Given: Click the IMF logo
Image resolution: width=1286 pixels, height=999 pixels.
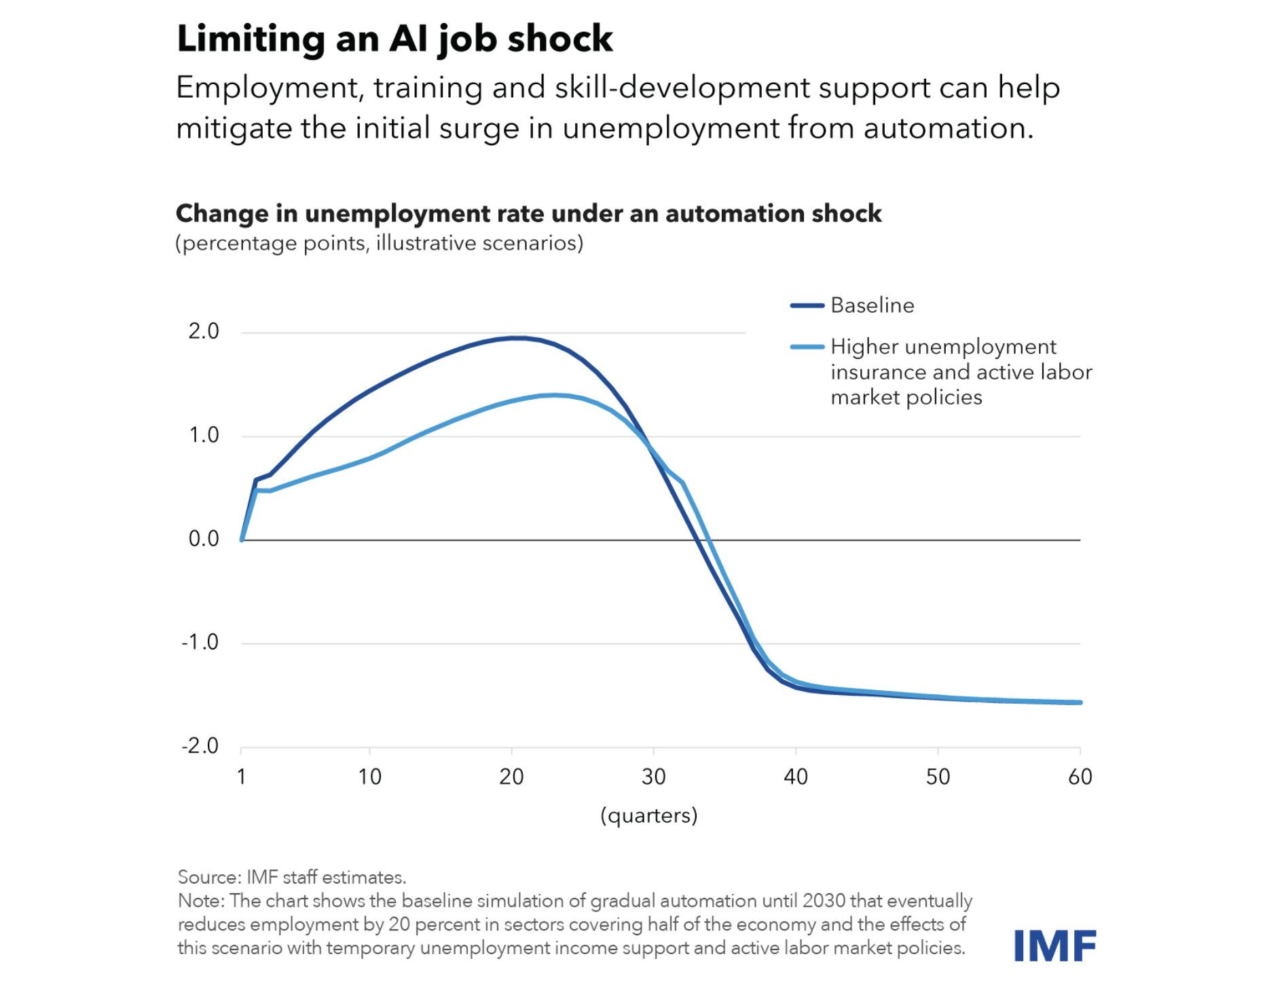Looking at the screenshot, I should click(1054, 945).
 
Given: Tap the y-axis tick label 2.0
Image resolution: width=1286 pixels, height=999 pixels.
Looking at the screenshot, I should click(204, 331).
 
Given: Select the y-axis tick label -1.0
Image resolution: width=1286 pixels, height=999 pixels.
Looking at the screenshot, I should click(200, 642).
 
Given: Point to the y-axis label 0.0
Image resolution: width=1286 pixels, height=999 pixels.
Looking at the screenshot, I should click(204, 539).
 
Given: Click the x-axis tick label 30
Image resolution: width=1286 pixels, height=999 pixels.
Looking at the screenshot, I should click(653, 776).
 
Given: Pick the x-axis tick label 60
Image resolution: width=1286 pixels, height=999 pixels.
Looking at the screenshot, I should click(1080, 776).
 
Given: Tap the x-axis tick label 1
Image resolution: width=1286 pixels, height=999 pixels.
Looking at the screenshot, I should click(241, 776).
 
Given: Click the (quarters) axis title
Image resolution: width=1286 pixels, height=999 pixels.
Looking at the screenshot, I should click(648, 815).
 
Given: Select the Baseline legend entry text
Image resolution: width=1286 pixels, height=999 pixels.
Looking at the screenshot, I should click(872, 305).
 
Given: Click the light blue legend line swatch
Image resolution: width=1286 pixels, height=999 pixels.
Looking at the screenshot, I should click(807, 347).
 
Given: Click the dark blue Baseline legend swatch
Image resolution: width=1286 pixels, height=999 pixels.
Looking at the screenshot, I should click(807, 305).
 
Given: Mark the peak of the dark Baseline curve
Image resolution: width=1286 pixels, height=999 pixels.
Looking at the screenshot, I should click(517, 338).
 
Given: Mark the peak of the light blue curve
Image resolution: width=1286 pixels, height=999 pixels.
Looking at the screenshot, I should click(555, 395).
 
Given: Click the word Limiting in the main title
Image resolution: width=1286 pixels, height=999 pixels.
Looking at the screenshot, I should click(251, 38).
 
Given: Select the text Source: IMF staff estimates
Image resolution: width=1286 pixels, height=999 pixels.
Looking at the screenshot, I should click(292, 877).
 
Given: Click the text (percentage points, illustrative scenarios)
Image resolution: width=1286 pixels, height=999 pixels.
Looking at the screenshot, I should click(379, 243).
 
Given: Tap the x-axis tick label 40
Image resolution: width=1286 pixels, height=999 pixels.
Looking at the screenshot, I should click(796, 776).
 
